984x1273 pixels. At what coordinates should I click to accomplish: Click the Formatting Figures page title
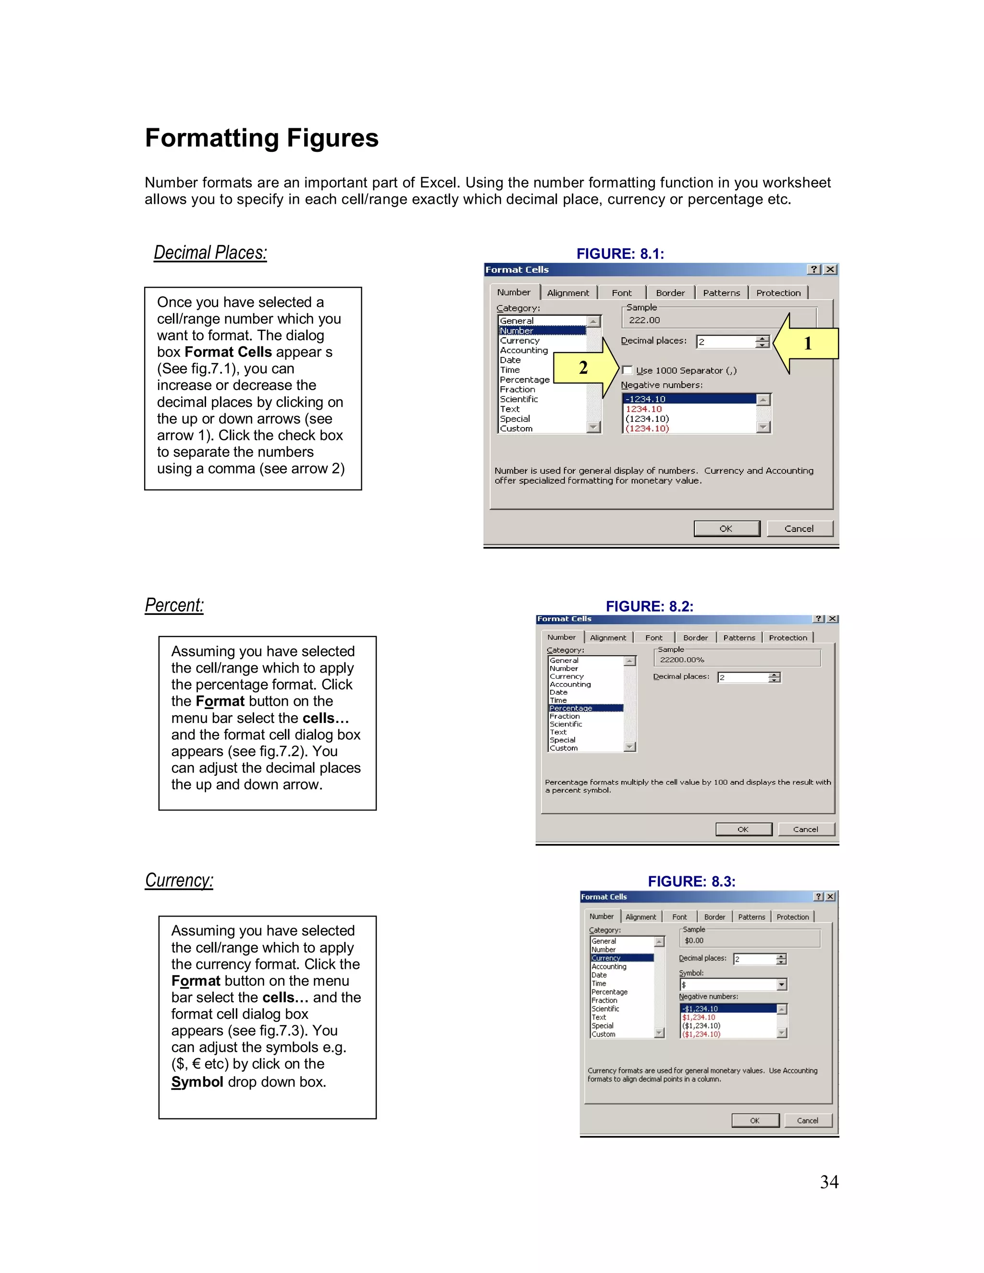tap(261, 139)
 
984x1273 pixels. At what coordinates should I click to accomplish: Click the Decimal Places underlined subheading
tap(210, 253)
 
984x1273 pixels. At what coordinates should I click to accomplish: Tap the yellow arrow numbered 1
tap(807, 343)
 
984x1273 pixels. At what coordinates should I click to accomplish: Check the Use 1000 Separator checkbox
tap(627, 370)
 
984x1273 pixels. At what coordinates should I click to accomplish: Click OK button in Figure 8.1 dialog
tap(726, 529)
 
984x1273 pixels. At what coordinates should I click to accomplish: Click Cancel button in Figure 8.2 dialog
tap(806, 830)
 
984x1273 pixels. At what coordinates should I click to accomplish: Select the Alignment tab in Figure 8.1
tap(568, 293)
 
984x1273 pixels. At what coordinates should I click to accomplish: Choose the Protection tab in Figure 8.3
tap(792, 918)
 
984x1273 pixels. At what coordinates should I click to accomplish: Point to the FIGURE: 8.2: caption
tap(650, 607)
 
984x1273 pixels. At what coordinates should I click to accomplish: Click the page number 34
tap(829, 1182)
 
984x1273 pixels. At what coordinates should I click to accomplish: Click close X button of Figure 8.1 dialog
tap(831, 269)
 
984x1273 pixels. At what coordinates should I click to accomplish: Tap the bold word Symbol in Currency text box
tap(197, 1082)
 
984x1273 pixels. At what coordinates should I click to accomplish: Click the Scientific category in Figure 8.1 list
tap(519, 399)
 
